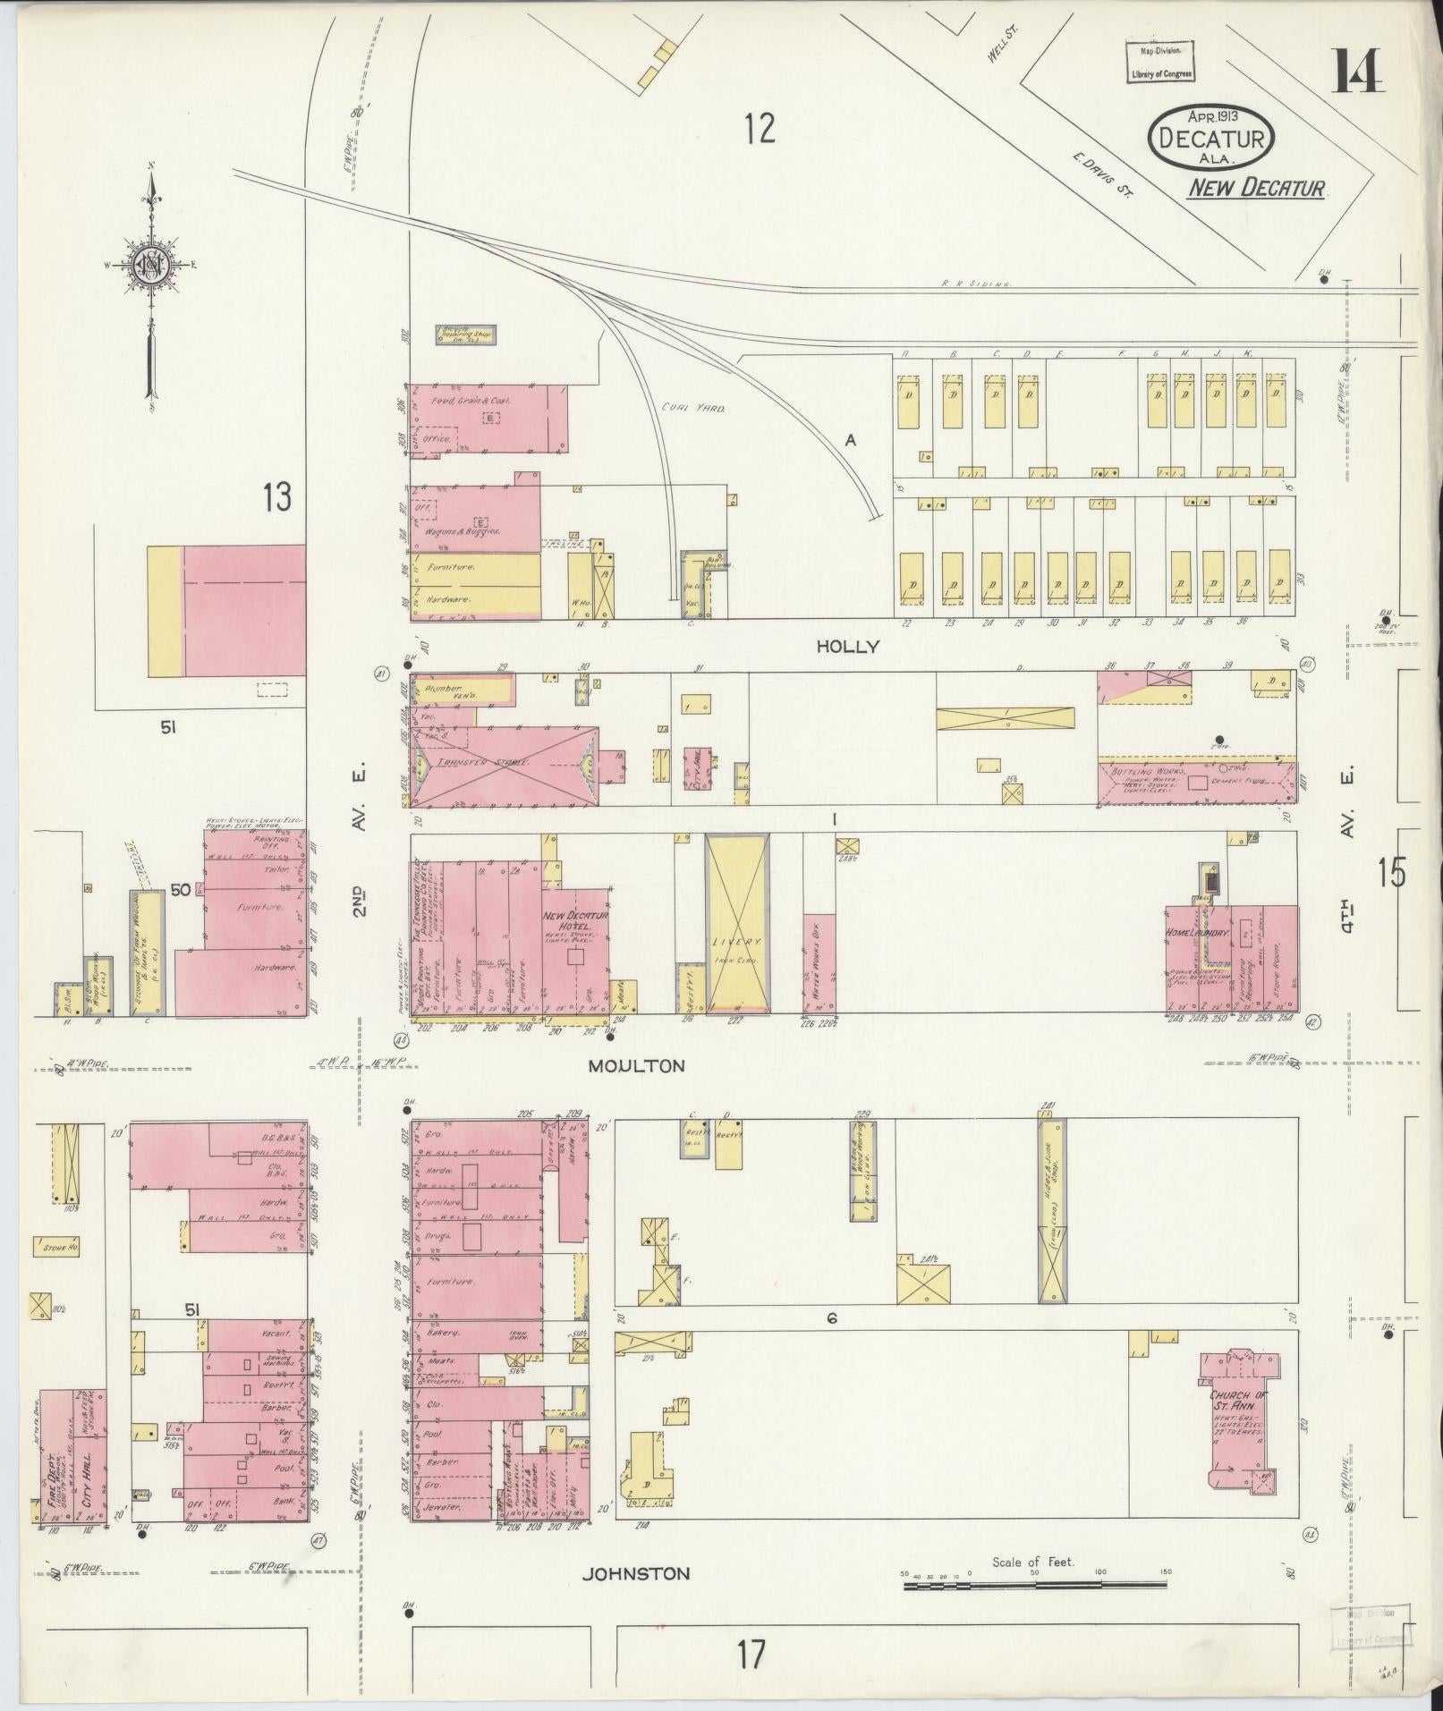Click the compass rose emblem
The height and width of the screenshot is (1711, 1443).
click(x=150, y=266)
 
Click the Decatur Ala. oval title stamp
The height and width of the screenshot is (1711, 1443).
click(x=1211, y=137)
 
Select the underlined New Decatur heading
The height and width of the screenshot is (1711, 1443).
click(x=1256, y=189)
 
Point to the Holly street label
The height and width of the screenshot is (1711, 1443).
click(x=846, y=646)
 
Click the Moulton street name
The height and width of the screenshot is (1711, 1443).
click(x=636, y=1065)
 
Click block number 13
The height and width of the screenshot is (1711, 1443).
click(x=277, y=497)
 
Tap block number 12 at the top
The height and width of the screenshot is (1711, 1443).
click(x=758, y=129)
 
